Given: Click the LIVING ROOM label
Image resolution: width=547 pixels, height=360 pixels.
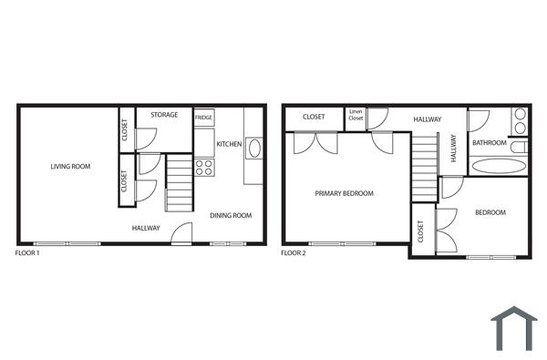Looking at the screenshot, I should coord(70,167).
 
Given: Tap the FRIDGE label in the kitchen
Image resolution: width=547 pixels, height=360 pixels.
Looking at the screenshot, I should coord(203,118).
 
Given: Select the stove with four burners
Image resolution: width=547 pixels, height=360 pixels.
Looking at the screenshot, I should coord(203,167).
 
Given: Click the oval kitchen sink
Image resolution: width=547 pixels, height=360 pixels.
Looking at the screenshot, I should coord(253,149).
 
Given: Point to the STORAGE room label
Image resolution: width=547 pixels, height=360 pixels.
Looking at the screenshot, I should coord(164,115).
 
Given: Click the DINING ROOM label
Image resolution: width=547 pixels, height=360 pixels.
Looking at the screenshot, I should coord(231,216).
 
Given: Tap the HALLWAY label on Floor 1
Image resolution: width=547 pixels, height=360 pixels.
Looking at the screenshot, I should coord(146,228).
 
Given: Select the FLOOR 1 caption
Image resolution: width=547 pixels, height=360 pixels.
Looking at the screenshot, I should coord(28,252).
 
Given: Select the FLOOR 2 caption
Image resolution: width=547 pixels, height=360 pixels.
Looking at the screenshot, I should coord(293,252).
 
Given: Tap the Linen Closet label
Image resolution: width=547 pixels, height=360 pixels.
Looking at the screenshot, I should coord(356,116).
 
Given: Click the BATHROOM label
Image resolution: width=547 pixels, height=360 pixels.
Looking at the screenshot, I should coord(489,142).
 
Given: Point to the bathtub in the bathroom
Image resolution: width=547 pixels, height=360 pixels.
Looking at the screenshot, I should coord(498,166).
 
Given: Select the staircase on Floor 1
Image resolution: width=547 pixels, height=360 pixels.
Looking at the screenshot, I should coord(180,182).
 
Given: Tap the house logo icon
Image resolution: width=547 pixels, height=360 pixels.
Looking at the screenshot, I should coord(514,327).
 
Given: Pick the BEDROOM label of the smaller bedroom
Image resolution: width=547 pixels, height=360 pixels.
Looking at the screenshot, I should coord(490,212).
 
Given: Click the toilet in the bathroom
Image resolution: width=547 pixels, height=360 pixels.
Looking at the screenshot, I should coord(519,147).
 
